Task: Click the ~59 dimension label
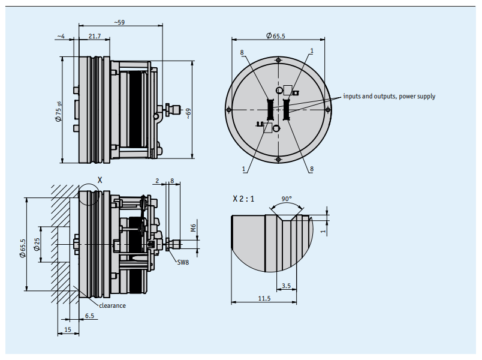[119, 22]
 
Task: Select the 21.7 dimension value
[95, 36]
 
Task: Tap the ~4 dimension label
[61, 37]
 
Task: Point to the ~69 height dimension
[188, 113]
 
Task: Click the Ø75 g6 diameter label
[58, 112]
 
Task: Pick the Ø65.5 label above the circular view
[275, 35]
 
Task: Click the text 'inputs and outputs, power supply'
[389, 96]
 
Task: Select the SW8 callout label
[183, 262]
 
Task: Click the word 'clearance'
[112, 305]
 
